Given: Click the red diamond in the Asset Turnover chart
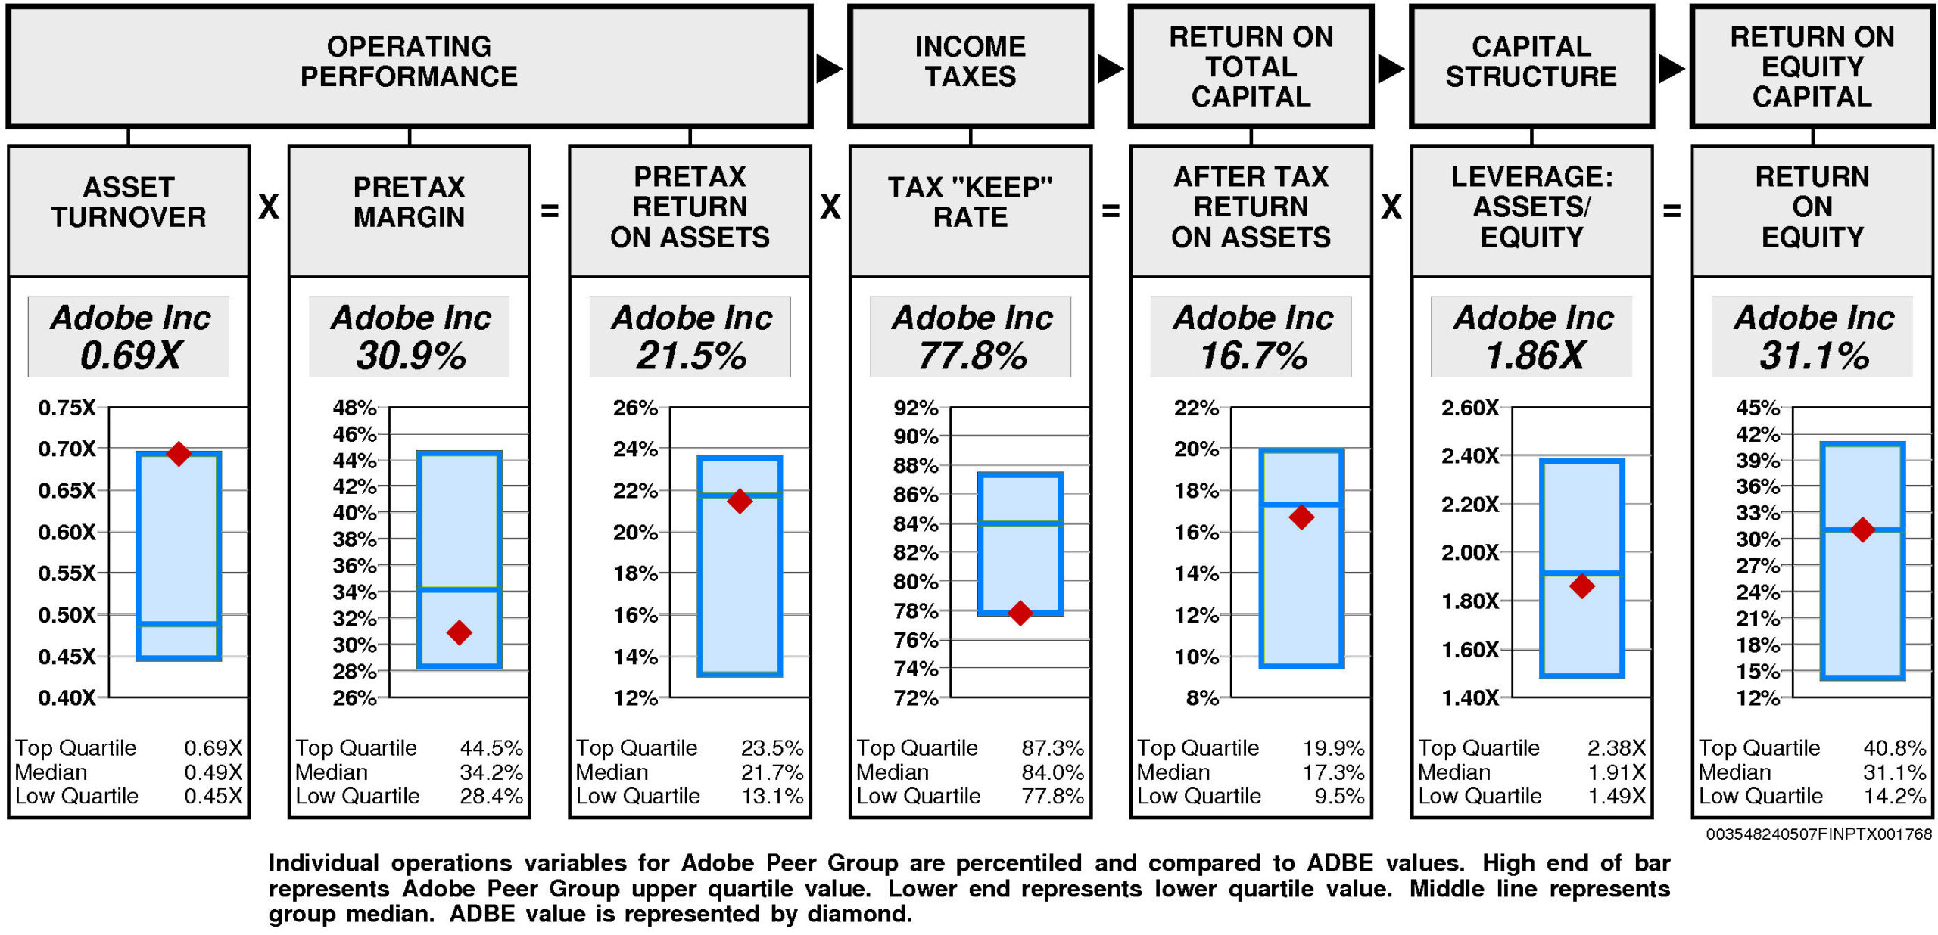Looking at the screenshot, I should point(179,453).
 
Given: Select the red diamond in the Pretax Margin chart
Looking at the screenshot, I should point(459,632).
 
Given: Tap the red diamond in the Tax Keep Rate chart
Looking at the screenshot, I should point(1020,613).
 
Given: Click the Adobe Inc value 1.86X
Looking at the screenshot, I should point(1534,356).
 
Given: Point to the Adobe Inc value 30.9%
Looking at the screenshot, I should point(411,356).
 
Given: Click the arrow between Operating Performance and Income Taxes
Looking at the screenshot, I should point(829,69).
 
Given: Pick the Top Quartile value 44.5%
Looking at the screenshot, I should point(491,748).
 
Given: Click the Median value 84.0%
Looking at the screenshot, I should point(1052,772).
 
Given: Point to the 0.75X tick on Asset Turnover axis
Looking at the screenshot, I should point(67,408).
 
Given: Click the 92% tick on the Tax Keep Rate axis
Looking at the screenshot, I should point(916,408).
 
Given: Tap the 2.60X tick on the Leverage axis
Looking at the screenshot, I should point(1469,408).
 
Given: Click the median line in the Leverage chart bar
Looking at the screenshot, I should point(1581,573).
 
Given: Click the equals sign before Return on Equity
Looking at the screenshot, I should point(1672,210).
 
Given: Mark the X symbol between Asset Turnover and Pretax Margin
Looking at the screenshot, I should point(269,207).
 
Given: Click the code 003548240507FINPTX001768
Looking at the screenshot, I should point(1818,834).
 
